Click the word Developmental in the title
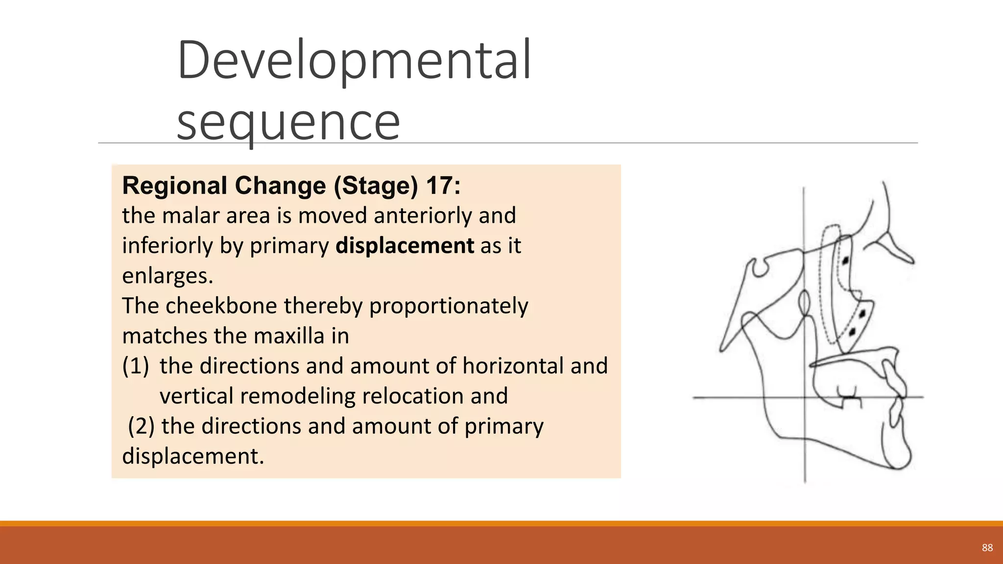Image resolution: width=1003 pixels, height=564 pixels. tap(354, 61)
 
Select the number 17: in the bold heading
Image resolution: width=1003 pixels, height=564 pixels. tap(443, 186)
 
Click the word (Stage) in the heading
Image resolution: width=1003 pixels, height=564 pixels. tap(376, 186)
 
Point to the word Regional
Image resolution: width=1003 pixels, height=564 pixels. tap(175, 186)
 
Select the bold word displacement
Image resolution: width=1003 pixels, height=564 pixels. tap(405, 246)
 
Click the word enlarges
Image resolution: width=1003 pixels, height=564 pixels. tap(167, 276)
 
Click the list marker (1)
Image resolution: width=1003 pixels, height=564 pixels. tap(136, 366)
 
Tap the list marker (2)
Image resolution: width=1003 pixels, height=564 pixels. tap(141, 426)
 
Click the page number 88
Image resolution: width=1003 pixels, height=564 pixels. tap(987, 548)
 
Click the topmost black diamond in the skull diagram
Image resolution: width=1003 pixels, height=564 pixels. tap(845, 260)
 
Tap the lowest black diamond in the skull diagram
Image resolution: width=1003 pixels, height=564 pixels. tap(852, 332)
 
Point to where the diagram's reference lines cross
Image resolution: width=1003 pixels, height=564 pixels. tap(805, 398)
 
